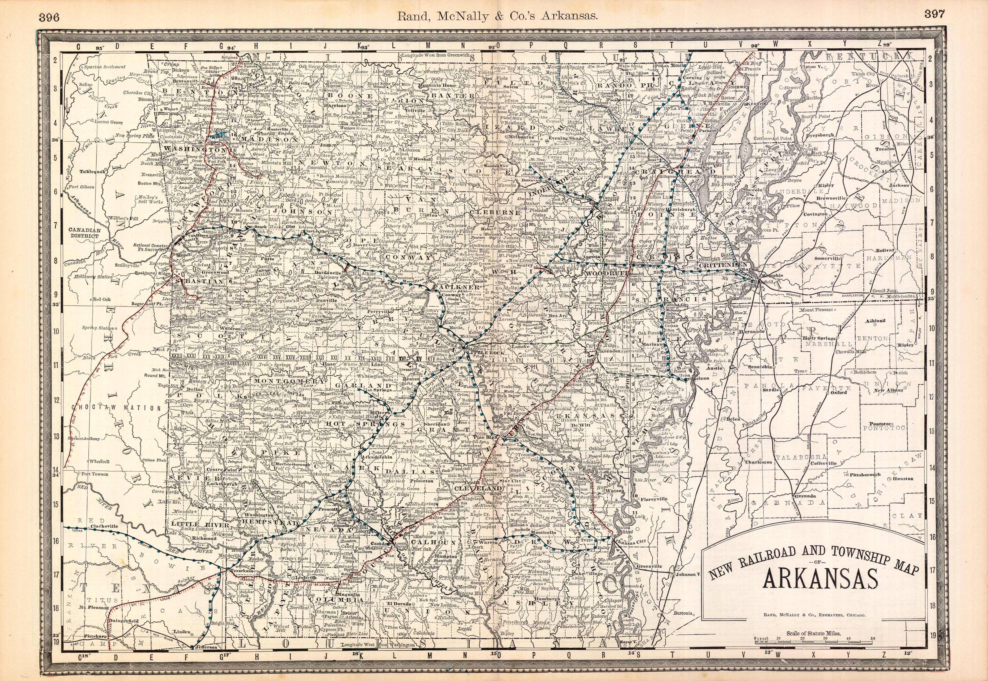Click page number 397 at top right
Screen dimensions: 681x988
(935, 14)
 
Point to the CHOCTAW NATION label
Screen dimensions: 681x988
(116, 408)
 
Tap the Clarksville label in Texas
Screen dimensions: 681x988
(104, 526)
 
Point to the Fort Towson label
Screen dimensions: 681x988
(95, 474)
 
